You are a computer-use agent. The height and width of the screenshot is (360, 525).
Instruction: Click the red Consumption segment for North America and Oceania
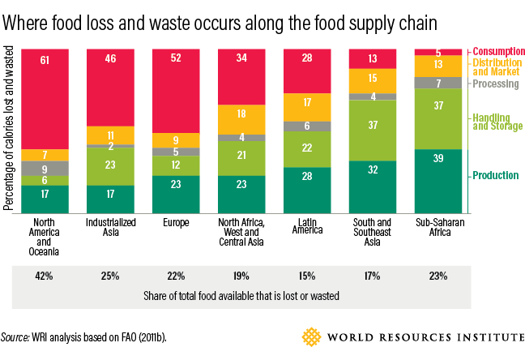(x=45, y=98)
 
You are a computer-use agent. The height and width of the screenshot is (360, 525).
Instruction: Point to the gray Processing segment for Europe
(x=175, y=152)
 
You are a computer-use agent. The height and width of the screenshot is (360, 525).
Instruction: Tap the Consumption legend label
(x=497, y=51)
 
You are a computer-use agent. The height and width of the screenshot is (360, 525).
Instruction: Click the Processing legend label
(x=496, y=83)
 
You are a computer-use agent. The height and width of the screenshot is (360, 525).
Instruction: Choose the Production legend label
(x=495, y=176)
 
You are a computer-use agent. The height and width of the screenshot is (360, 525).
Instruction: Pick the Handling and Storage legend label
(x=496, y=121)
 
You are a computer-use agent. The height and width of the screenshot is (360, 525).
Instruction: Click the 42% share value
(x=45, y=276)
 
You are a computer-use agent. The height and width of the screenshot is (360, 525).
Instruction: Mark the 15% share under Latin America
(x=306, y=276)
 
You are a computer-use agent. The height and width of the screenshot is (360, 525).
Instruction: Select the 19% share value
(x=241, y=276)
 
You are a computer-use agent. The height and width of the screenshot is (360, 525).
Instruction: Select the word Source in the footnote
(x=16, y=336)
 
